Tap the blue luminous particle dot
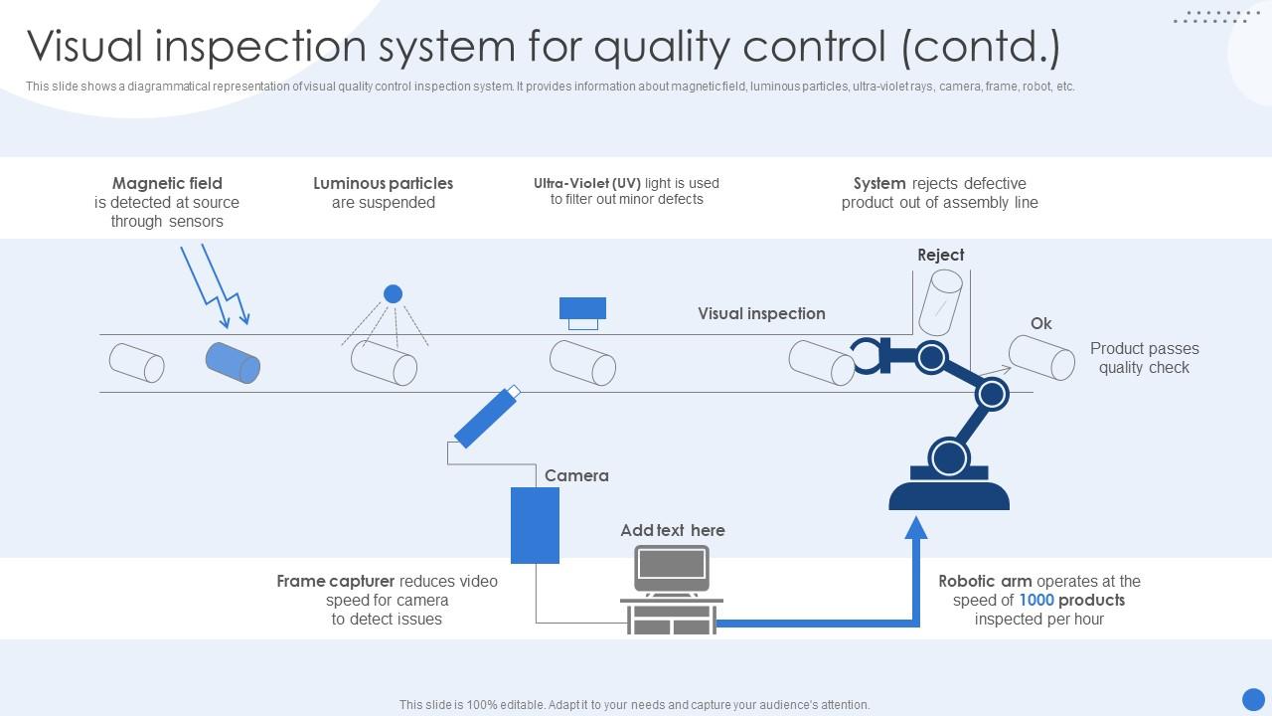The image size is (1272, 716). click(x=393, y=293)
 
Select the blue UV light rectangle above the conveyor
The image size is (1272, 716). click(x=582, y=307)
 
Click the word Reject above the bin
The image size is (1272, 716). click(x=940, y=255)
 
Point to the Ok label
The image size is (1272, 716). click(x=1040, y=323)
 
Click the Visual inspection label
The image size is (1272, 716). click(x=761, y=313)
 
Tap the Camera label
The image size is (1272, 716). click(x=576, y=475)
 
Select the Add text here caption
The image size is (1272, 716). click(x=673, y=530)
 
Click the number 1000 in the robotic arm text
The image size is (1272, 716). click(x=1036, y=600)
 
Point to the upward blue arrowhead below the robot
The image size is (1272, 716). click(x=916, y=527)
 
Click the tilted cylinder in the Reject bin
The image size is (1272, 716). click(x=940, y=301)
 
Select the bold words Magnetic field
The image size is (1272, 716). click(x=167, y=183)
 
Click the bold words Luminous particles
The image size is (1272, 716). click(x=383, y=183)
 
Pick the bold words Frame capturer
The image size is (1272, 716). click(x=336, y=581)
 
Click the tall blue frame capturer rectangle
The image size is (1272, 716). click(x=535, y=525)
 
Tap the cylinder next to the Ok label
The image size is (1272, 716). click(x=1041, y=357)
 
